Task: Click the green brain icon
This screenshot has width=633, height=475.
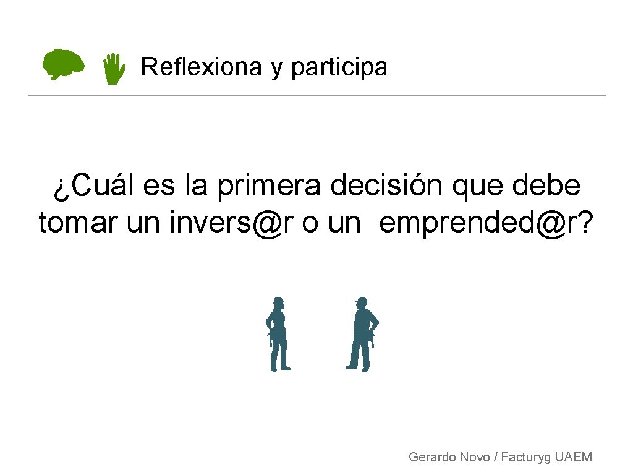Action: point(63,64)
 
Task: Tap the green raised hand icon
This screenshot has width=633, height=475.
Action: point(113,69)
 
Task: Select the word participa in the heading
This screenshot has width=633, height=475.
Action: point(339,67)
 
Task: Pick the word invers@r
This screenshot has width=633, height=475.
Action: point(232,223)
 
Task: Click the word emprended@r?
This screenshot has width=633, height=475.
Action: point(486,223)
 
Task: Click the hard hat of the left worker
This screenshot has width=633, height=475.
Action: point(279,301)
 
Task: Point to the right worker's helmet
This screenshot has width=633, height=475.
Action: point(362,301)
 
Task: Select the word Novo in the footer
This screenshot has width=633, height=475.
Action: point(475,457)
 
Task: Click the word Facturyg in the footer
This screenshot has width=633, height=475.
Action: point(526,458)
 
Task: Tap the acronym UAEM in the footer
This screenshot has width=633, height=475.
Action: point(574,457)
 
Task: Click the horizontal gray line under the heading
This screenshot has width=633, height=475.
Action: point(316,96)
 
